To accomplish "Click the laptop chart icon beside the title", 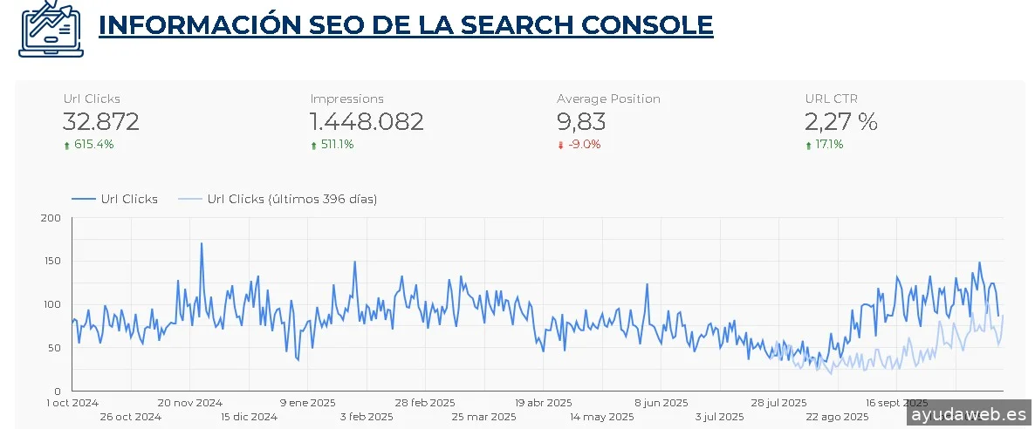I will (50, 28).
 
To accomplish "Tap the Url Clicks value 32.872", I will (101, 122).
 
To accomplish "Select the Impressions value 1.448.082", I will (367, 122).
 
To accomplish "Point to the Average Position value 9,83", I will (581, 122).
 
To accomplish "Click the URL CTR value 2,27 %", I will (841, 122).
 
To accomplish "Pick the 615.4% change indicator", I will (89, 145).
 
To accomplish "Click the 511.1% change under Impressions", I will (332, 145).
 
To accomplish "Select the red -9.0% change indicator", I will (579, 145).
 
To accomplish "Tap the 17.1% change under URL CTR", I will (825, 145).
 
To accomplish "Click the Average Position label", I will (608, 99).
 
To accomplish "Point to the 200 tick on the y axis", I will (51, 218).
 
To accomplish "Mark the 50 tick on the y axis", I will (54, 348).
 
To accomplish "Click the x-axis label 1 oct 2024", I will (72, 403).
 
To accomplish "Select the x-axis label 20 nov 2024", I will (190, 403).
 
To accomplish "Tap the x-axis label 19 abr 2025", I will (544, 403).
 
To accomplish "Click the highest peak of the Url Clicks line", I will (202, 243).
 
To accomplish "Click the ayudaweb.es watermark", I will (969, 414).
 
